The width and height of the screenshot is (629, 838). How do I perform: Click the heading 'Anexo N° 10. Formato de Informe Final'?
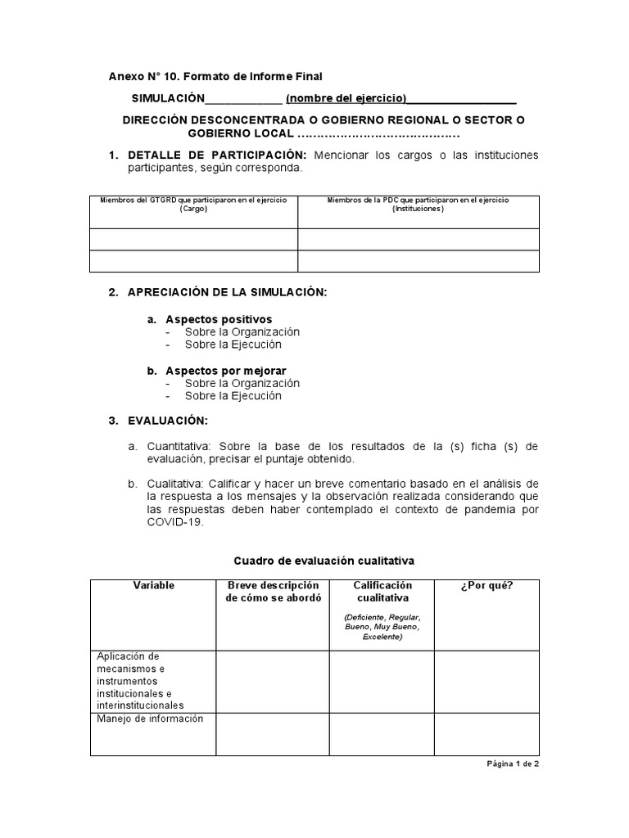[x=215, y=77]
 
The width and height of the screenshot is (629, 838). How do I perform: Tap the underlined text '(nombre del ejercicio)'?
[x=345, y=99]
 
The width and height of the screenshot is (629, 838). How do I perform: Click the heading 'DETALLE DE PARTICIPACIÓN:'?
[x=217, y=155]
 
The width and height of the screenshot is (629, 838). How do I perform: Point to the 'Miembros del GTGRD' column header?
[x=193, y=204]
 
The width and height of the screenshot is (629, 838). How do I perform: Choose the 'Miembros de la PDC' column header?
[x=418, y=204]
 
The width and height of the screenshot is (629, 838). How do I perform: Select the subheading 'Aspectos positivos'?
[x=219, y=319]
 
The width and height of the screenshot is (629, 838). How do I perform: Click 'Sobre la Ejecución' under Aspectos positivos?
[x=233, y=345]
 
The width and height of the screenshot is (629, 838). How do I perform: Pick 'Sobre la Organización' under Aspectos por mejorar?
[x=242, y=383]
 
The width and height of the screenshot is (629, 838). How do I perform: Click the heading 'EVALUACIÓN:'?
[x=168, y=421]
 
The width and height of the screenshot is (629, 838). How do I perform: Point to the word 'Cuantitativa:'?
[x=179, y=446]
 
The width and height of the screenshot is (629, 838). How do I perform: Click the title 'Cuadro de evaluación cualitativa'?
[x=324, y=561]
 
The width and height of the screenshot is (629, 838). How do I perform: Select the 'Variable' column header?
[x=153, y=586]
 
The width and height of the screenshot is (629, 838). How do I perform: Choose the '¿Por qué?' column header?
[x=486, y=586]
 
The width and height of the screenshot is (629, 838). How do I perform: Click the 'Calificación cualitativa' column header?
[x=382, y=592]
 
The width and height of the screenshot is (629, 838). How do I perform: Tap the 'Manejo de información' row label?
[x=150, y=719]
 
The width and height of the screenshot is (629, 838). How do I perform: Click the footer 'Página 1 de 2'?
[x=513, y=763]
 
